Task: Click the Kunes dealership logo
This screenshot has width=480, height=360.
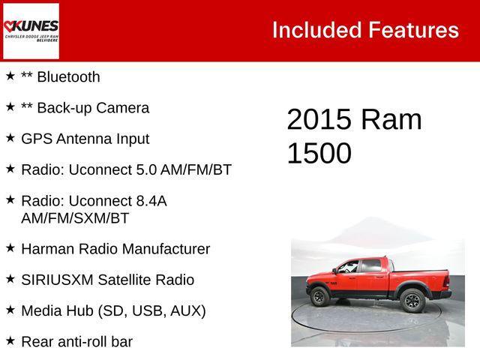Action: [x=31, y=31]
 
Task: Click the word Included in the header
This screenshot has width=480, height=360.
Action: [x=316, y=30]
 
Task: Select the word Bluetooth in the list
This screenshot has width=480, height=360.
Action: [x=68, y=77]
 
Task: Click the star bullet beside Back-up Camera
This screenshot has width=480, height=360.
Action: [x=10, y=107]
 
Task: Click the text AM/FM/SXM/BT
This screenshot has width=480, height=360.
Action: [x=75, y=218]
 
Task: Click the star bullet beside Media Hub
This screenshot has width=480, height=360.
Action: [x=10, y=310]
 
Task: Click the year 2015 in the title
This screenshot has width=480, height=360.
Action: [x=319, y=120]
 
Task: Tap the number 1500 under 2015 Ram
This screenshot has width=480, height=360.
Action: [x=319, y=153]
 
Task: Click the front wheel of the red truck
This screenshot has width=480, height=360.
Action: [x=320, y=297]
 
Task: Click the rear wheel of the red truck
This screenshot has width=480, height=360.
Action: [x=412, y=301]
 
